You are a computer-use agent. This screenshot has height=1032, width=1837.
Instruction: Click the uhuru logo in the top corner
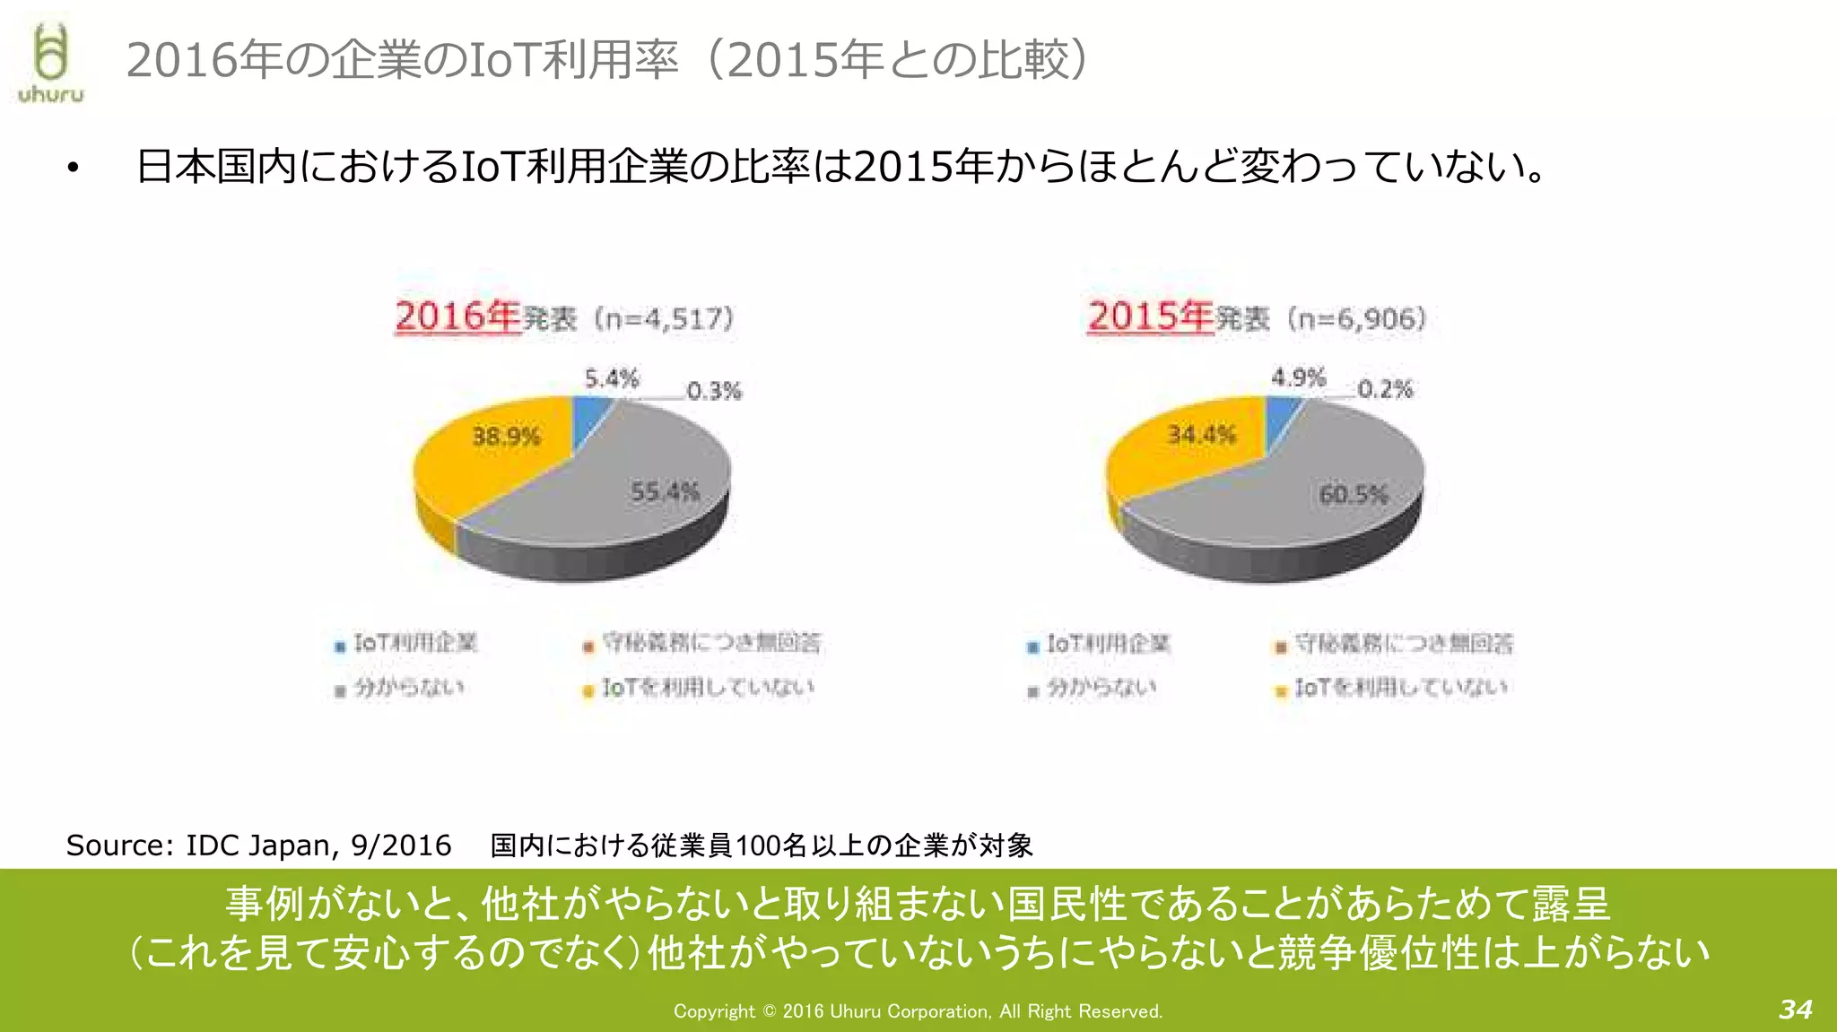click(50, 63)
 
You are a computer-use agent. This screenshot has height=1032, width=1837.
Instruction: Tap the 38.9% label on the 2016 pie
click(506, 437)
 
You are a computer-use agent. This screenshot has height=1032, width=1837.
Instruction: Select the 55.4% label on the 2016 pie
click(665, 491)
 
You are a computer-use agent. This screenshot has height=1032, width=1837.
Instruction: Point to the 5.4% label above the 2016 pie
click(612, 378)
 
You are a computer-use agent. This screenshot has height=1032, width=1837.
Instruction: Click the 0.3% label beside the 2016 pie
click(714, 391)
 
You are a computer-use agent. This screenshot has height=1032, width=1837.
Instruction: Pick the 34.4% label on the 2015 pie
click(1201, 435)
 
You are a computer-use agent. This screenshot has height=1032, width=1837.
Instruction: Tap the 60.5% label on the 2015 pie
click(1354, 494)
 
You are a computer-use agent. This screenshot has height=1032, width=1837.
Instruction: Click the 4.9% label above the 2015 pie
click(1298, 377)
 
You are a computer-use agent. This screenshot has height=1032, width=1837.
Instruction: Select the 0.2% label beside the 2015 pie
click(1385, 389)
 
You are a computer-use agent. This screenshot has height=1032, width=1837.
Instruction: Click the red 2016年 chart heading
click(457, 317)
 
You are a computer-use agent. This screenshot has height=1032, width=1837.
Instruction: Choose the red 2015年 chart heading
click(1150, 317)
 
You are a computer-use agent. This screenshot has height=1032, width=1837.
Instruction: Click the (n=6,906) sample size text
click(1356, 318)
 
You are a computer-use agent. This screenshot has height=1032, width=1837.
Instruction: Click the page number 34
click(1795, 1010)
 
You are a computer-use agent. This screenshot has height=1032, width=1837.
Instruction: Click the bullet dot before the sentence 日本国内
click(74, 168)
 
